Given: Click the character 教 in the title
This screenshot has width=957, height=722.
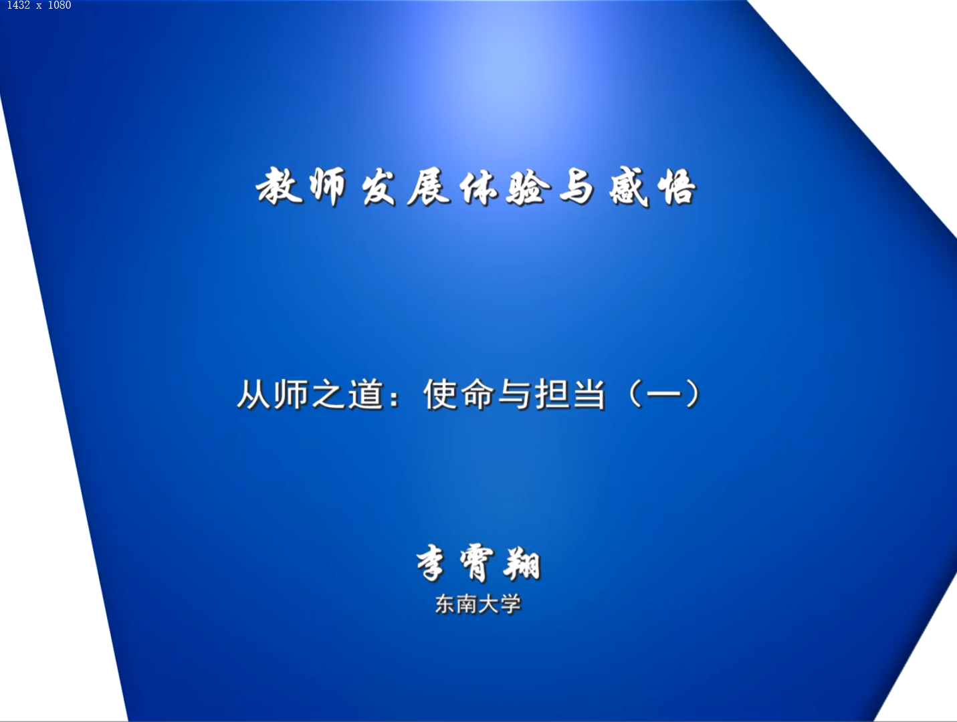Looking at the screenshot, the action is (280, 186).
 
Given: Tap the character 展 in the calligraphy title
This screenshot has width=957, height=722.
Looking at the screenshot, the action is (428, 187).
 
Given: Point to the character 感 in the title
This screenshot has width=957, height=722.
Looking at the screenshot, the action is (628, 187).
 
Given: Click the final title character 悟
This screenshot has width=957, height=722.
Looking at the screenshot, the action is (677, 187).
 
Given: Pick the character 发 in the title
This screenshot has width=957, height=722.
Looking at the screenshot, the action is (379, 187).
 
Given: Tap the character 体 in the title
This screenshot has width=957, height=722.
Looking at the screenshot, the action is (479, 187).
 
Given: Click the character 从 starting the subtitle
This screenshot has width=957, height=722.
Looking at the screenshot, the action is (254, 394).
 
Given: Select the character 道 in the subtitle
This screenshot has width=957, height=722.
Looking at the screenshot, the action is (366, 394).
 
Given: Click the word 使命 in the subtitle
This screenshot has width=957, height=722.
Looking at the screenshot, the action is (458, 394).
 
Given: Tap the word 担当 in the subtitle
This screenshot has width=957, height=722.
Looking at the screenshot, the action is (570, 394).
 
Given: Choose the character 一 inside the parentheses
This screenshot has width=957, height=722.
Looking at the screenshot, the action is (663, 395).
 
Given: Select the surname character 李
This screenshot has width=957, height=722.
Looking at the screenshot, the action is (431, 563).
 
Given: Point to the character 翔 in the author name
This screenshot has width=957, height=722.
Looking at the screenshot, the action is (522, 564).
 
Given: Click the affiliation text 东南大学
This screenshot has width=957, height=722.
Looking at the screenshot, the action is (478, 605).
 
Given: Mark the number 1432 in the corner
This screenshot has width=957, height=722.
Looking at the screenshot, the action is (19, 5).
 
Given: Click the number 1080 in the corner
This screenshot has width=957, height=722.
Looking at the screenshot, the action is (60, 5).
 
